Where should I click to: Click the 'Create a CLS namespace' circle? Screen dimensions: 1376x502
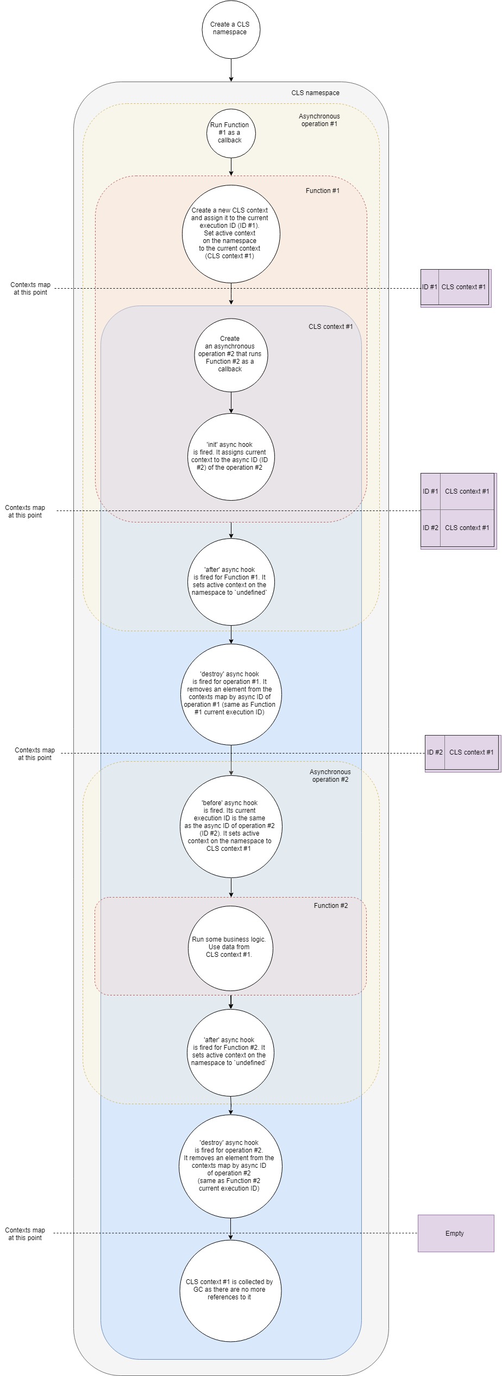click(x=231, y=29)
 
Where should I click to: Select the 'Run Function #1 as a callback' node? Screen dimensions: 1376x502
click(x=231, y=133)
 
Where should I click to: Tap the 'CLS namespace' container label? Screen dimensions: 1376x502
click(x=315, y=93)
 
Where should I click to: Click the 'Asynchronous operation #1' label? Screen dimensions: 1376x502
click(x=319, y=120)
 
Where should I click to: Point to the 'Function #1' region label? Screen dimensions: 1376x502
click(x=322, y=191)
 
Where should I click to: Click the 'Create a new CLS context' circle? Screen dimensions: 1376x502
click(x=231, y=234)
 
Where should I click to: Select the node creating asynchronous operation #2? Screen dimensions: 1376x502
click(x=231, y=354)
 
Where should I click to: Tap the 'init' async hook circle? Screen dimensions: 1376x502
click(x=231, y=457)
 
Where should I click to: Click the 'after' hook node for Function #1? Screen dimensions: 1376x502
click(x=231, y=582)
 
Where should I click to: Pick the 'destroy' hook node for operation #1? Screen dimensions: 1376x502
click(x=231, y=694)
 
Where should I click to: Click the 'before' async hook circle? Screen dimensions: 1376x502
click(x=231, y=826)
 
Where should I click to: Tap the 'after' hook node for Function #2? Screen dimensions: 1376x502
click(x=231, y=1052)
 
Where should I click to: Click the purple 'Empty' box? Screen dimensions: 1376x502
click(x=455, y=1234)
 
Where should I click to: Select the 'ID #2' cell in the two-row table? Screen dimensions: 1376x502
click(x=430, y=528)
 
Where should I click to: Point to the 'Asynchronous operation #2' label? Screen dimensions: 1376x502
click(x=330, y=776)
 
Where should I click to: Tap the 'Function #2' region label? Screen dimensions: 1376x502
click(x=330, y=906)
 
